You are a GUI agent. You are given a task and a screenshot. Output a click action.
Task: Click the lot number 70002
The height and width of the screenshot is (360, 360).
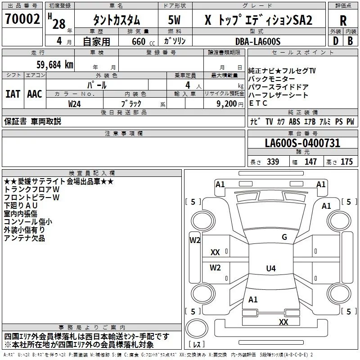22,19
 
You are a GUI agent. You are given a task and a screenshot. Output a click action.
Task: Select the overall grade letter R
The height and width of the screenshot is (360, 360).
343,21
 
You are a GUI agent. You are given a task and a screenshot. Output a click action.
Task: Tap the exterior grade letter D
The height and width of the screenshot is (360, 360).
336,41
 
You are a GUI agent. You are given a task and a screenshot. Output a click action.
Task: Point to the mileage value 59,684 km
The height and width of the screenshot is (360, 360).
55,65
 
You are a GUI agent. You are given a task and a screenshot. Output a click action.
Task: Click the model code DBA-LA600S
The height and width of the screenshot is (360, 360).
258,41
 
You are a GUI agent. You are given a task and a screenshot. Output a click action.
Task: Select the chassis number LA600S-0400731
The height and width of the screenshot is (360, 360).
302,143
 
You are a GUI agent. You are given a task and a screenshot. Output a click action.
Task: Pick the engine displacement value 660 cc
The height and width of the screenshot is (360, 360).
143,42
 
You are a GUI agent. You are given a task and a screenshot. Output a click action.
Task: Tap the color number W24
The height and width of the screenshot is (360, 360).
74,104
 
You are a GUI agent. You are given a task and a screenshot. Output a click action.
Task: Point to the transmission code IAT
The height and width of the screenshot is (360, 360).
13,94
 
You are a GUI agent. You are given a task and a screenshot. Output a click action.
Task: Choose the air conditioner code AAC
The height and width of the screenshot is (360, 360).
35,94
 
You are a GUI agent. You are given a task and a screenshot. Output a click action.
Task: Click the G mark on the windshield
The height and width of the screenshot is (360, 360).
284,237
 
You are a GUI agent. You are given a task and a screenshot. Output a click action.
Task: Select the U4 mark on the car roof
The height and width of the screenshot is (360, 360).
271,268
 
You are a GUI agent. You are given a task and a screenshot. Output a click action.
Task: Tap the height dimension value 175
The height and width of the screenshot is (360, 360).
346,162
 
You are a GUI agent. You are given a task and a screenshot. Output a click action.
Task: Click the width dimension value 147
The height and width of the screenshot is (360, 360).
310,162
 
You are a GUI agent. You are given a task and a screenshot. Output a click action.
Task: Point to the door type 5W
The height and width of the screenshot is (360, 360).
174,20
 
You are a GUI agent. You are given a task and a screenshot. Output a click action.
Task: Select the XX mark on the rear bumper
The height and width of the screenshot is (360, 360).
283,322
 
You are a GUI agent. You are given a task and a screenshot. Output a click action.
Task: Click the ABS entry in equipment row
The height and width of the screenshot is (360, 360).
294,121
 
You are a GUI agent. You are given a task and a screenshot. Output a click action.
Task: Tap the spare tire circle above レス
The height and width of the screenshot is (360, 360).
197,328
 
